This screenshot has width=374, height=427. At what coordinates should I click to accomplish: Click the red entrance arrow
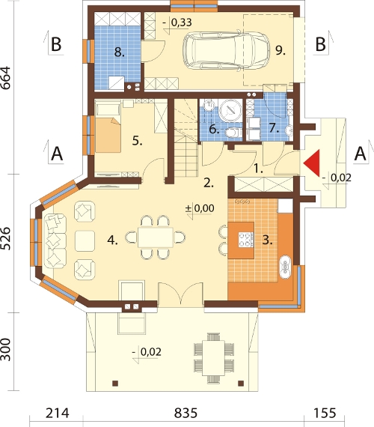312,163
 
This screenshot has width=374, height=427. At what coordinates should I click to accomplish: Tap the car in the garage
227,50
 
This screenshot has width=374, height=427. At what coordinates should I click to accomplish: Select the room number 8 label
119,52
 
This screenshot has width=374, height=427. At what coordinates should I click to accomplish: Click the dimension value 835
186,413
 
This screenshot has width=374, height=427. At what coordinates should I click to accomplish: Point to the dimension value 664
6,78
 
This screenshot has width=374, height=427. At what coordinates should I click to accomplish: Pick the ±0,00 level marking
200,208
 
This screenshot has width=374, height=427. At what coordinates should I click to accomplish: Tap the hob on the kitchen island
246,240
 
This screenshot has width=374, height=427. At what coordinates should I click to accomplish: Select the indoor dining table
156,237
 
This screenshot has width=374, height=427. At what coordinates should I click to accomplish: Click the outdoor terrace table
213,358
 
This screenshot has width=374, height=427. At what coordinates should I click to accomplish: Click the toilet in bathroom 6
233,133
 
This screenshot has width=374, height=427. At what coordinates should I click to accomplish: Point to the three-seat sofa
55,241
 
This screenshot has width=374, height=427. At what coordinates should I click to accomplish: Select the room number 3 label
267,240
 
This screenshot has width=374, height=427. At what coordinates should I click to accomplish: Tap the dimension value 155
325,413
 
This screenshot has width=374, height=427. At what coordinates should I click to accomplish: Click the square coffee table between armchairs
85,240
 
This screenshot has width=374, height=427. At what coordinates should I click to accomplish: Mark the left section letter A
57,154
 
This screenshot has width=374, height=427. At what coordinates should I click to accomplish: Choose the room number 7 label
275,127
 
